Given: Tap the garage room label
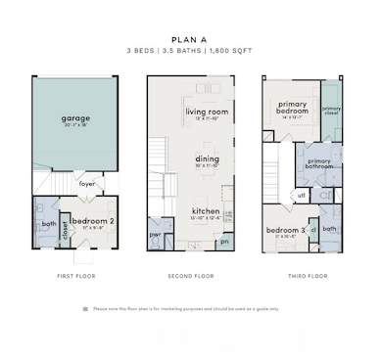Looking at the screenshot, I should click(x=75, y=119).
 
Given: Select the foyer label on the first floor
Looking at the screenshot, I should click(x=87, y=182).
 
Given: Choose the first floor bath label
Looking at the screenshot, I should click(x=47, y=224).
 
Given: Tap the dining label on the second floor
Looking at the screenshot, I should click(x=207, y=159).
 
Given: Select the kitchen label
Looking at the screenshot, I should click(x=205, y=210).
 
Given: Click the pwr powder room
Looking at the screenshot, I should click(x=155, y=235).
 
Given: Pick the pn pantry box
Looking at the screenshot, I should click(x=224, y=241).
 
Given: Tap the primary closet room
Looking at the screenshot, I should click(x=331, y=110).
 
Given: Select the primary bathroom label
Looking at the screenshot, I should click(x=319, y=162).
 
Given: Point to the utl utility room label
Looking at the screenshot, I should click(x=303, y=195).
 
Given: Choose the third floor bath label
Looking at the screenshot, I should click(x=329, y=229).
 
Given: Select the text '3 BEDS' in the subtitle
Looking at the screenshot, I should click(x=141, y=48).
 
